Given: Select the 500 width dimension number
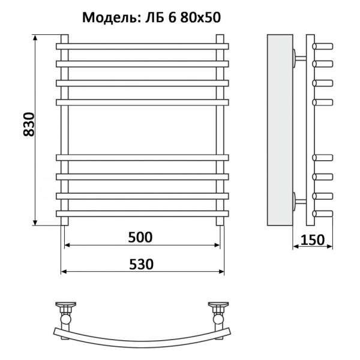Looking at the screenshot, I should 140,236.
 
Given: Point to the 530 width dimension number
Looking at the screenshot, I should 141,264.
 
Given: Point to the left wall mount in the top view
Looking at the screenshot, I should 65,310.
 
